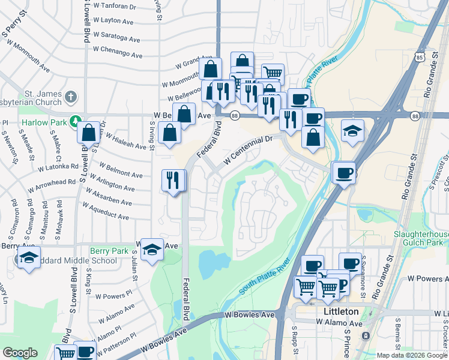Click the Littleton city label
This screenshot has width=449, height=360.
click(340, 311)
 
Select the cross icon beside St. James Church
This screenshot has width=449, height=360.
click(71, 97)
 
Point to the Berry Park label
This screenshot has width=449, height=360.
click(109, 251)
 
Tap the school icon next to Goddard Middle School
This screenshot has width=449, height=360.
click(28, 257)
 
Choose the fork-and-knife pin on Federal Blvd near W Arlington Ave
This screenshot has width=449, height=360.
click(173, 180)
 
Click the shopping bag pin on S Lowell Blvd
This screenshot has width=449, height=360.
click(89, 133)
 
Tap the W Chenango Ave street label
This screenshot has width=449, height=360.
click(118, 52)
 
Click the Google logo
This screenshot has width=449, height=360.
click(20, 352)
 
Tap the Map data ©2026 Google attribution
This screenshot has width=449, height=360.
click(411, 355)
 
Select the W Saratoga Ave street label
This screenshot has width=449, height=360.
click(117, 38)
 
